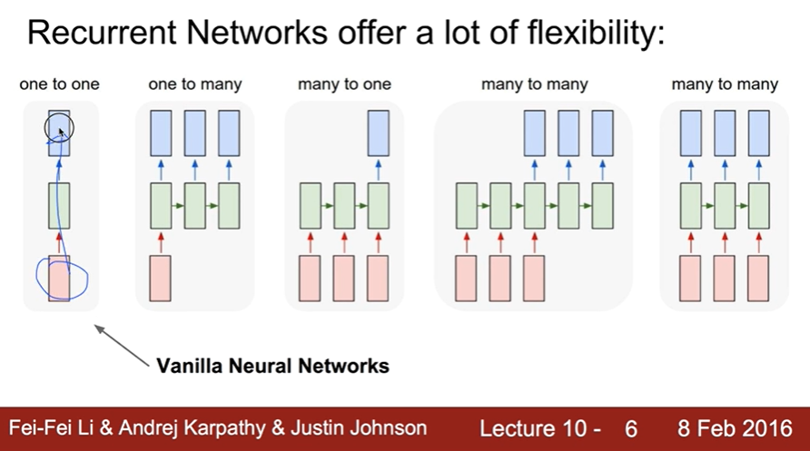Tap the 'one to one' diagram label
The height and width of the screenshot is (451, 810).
pos(60,84)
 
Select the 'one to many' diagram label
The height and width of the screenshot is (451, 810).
pos(195,84)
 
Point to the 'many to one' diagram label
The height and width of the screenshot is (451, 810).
pos(344,84)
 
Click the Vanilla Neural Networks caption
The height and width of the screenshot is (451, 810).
pos(272,367)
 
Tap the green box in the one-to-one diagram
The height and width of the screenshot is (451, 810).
pos(59,205)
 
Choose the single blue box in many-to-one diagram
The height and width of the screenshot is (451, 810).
pos(378,132)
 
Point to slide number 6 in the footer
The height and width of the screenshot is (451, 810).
pos(632,427)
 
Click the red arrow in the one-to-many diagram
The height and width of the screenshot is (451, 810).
pos(161,241)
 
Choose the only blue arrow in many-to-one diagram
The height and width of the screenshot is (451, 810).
pos(378,169)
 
